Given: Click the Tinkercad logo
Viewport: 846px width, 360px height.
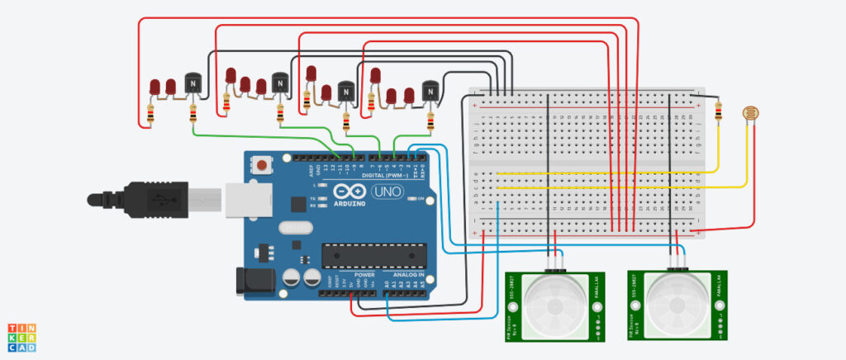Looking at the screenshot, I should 21,337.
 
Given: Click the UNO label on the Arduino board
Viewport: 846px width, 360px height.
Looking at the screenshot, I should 385,192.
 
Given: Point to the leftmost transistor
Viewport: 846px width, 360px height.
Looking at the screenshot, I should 193,85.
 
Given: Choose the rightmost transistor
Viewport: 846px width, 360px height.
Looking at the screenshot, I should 430,91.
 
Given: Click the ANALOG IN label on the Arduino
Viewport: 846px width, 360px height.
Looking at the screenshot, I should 407,274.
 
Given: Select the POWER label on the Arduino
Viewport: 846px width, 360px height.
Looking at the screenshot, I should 364,274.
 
